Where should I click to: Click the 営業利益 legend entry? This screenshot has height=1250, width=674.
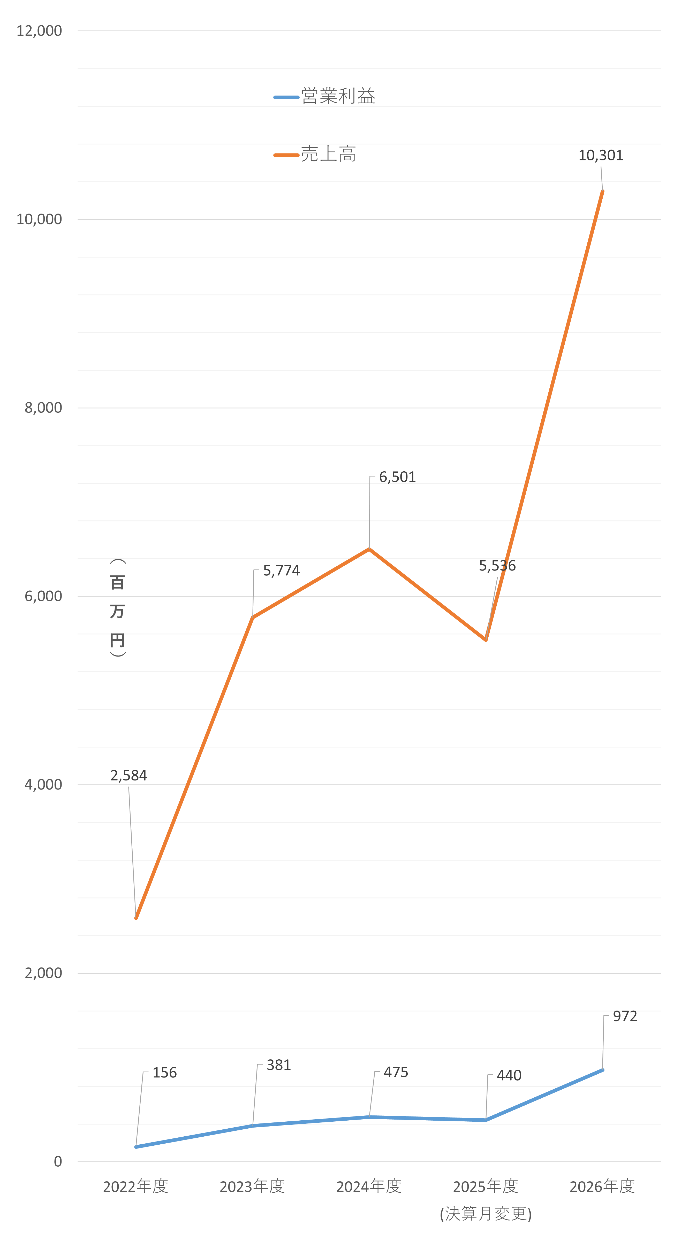(x=324, y=96)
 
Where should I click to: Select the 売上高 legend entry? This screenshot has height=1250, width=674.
(x=315, y=154)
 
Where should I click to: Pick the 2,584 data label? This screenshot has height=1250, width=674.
(x=129, y=775)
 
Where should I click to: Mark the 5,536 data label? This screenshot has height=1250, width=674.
(x=497, y=566)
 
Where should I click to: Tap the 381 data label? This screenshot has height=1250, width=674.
(x=279, y=1065)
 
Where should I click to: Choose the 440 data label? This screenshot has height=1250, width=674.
(x=509, y=1076)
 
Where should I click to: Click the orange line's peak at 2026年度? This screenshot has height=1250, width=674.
(x=603, y=191)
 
